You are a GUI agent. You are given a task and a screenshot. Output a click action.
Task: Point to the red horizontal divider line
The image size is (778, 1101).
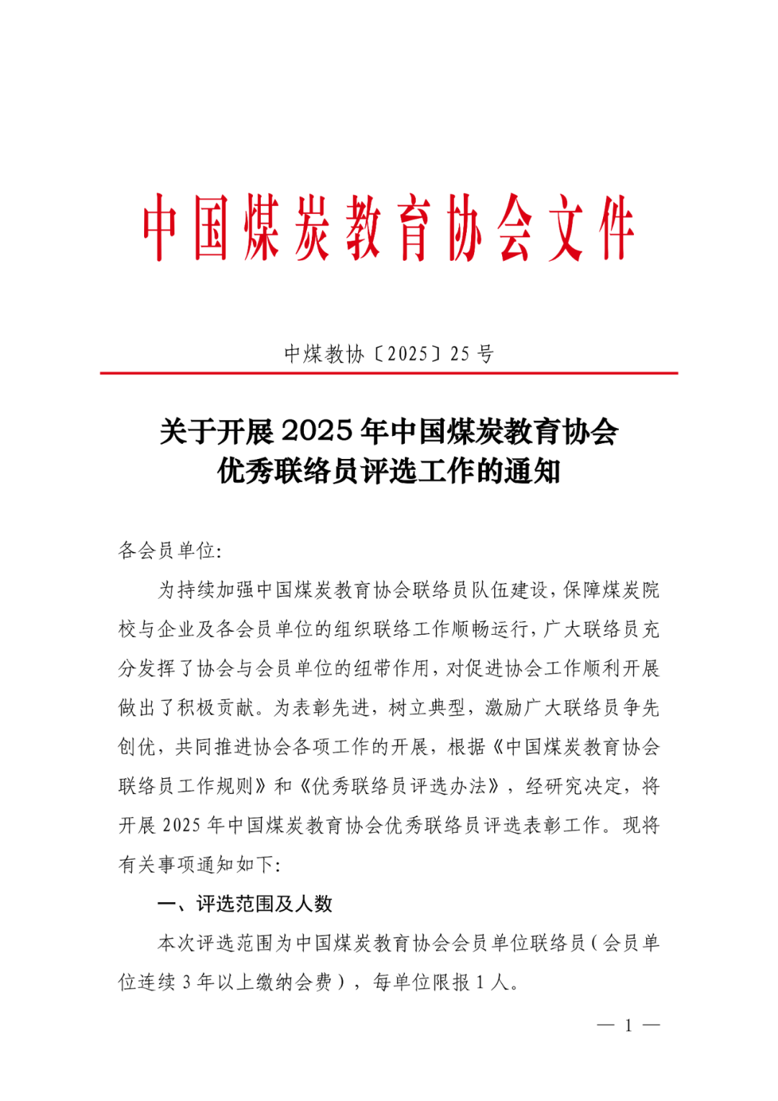point(389,373)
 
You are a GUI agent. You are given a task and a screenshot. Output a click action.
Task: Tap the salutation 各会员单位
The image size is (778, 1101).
point(166,550)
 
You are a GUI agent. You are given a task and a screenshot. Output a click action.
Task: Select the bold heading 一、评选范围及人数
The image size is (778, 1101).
point(245,904)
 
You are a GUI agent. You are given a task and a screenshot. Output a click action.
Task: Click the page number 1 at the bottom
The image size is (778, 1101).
point(628,1025)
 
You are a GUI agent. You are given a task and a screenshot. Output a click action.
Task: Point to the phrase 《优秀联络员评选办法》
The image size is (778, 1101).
point(399,786)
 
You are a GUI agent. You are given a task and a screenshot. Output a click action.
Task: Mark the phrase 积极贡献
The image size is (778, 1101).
point(216,708)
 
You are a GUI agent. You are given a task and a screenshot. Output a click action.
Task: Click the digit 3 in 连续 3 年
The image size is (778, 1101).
point(187,982)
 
